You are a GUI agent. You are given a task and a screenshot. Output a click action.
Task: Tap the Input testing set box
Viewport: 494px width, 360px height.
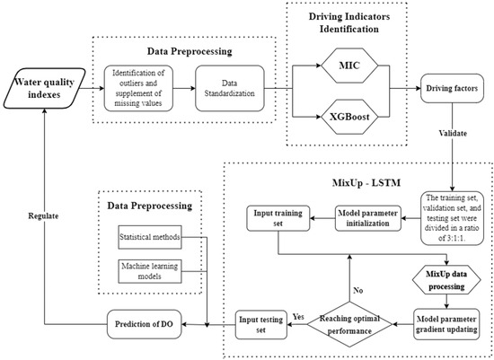click(259, 322)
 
